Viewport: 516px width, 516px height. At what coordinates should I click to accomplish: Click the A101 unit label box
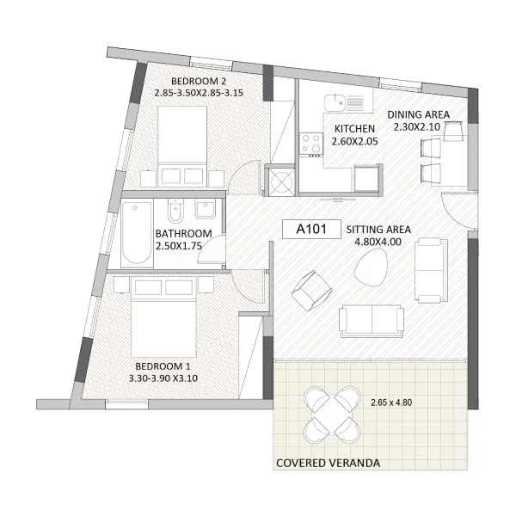click(x=311, y=229)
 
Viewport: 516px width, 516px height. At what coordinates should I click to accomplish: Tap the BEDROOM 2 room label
click(x=199, y=81)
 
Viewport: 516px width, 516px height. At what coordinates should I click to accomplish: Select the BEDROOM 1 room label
click(x=163, y=366)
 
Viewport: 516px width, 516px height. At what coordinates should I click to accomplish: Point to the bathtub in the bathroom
click(x=137, y=233)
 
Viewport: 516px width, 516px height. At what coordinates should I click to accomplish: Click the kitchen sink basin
click(x=335, y=102)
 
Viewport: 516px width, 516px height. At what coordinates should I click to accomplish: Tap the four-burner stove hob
click(x=311, y=143)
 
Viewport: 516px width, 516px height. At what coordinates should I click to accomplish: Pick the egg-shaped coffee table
click(x=371, y=267)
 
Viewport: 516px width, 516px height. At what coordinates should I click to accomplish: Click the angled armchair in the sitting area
click(x=311, y=291)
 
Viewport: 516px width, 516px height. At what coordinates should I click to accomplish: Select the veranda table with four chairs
click(x=332, y=415)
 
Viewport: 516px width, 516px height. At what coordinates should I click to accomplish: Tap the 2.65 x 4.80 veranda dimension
click(x=391, y=402)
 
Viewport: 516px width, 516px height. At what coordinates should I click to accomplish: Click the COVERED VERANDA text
click(x=329, y=463)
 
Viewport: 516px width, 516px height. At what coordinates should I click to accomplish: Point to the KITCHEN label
click(x=354, y=128)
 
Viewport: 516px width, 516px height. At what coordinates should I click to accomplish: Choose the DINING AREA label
click(x=418, y=114)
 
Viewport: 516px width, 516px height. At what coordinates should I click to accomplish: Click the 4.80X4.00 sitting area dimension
click(x=378, y=242)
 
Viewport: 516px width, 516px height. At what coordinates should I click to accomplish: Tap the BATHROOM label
click(x=184, y=234)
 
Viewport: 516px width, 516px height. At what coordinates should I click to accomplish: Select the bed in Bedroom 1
click(x=163, y=317)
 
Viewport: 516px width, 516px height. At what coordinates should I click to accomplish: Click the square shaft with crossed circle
click(x=280, y=181)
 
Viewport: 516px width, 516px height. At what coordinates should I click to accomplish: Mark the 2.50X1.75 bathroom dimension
click(x=178, y=246)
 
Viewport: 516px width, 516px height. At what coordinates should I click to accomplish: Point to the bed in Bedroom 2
click(x=182, y=146)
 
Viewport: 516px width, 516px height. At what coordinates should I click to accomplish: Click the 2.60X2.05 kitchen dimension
click(x=354, y=142)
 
